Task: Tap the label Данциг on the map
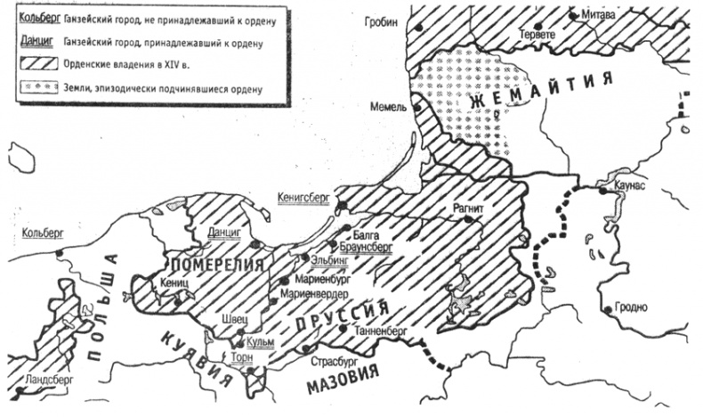point(224,232)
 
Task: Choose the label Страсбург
point(334,363)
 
